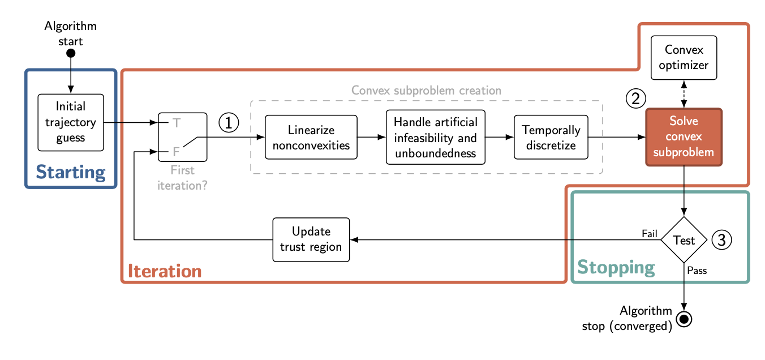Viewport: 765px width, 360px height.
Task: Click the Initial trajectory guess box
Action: click(71, 122)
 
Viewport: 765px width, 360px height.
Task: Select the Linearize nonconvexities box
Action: click(311, 137)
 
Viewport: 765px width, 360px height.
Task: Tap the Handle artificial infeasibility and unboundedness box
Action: click(435, 137)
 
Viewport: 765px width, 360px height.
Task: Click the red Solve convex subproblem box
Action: click(684, 137)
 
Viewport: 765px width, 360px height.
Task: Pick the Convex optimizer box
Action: click(684, 57)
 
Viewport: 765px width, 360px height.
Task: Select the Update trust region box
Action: click(311, 239)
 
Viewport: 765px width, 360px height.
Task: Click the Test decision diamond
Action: click(684, 240)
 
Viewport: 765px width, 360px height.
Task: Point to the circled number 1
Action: click(229, 122)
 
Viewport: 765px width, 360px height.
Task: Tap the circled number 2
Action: click(635, 98)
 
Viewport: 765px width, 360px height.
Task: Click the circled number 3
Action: click(721, 240)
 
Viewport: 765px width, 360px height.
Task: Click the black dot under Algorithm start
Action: click(71, 53)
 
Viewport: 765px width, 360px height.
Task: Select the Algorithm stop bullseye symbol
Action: click(684, 319)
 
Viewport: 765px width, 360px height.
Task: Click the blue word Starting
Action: click(71, 172)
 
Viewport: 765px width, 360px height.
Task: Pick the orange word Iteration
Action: click(165, 271)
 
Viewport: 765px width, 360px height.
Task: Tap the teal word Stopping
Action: click(616, 267)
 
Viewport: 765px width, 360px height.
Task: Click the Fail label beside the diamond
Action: click(649, 233)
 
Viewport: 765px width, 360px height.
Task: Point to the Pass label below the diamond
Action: click(697, 271)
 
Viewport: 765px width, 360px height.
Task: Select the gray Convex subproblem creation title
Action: click(426, 91)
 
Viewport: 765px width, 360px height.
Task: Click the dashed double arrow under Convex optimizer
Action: click(684, 94)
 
